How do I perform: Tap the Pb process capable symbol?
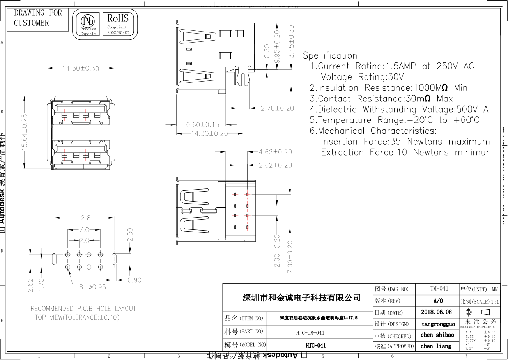tap(88, 25)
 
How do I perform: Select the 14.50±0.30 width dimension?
tap(81, 68)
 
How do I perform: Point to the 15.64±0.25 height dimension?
tap(24, 133)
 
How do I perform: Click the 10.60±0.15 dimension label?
tap(201, 125)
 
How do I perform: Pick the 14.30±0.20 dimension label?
tap(209, 134)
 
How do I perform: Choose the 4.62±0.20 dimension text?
tap(275, 152)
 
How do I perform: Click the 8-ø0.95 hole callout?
tap(93, 287)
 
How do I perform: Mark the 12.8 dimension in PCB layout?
tap(83, 218)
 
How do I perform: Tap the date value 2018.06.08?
tap(437, 312)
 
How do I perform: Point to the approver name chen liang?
tap(436, 346)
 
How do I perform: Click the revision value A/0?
tap(438, 301)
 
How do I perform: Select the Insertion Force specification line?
tap(405, 142)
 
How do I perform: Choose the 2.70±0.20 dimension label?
tap(277, 108)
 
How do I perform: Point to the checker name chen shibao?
tap(437, 335)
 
